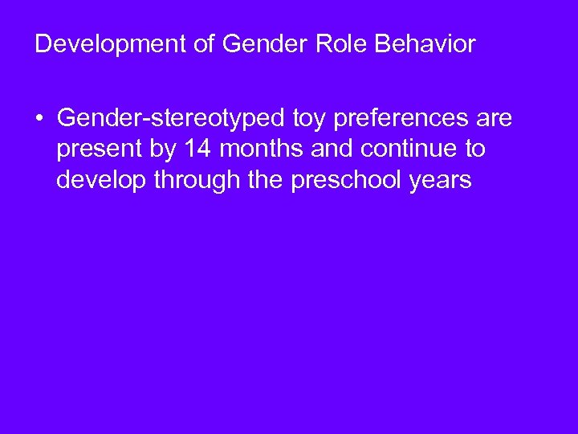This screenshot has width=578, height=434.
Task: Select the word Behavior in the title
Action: pos(428,44)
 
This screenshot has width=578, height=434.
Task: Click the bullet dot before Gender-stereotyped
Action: pos(39,121)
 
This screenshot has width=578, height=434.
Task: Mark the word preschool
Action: pos(336,180)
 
